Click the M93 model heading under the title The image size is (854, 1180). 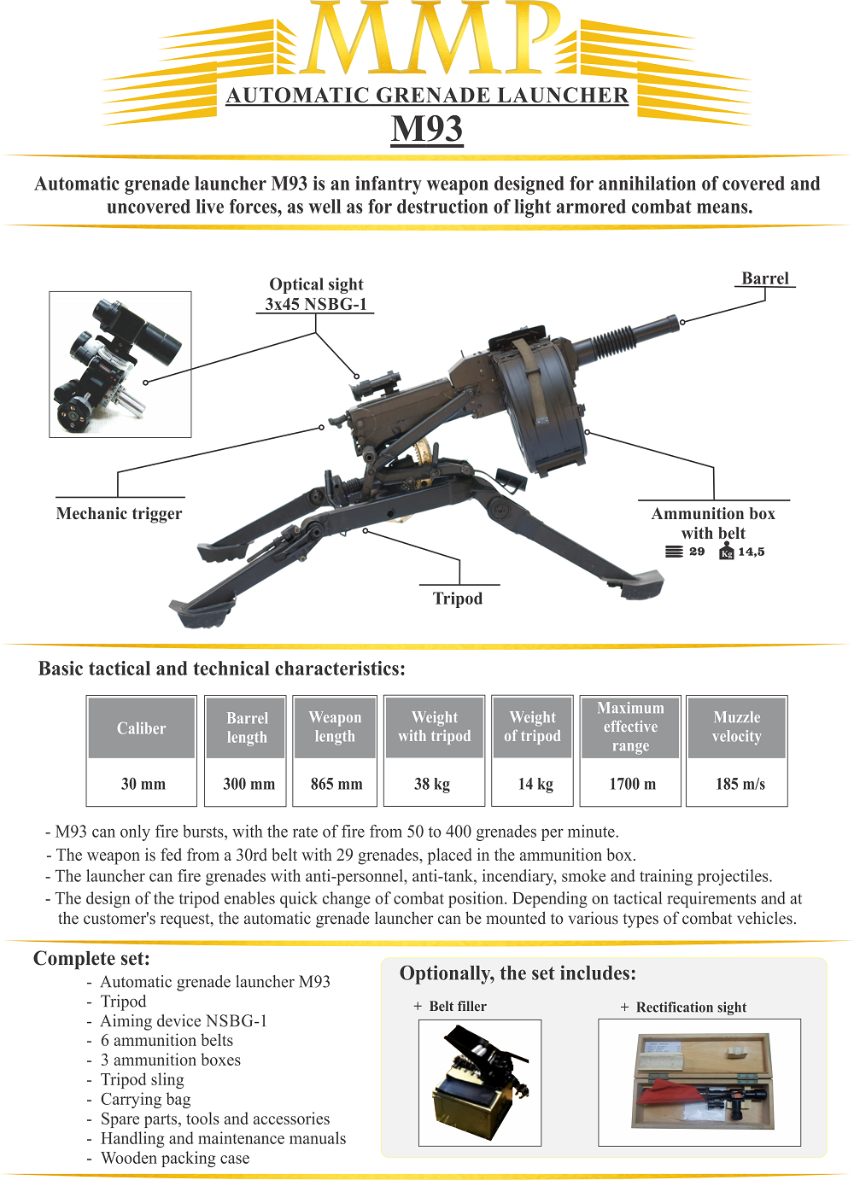(427, 129)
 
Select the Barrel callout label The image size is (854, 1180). (764, 278)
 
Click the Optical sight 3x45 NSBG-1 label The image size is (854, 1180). (316, 295)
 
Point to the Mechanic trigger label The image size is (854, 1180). (119, 513)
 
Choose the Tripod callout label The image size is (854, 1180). (458, 599)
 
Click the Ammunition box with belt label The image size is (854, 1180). (713, 523)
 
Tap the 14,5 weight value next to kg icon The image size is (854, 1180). (751, 552)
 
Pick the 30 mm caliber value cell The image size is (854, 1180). (143, 784)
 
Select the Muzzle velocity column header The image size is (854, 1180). (736, 727)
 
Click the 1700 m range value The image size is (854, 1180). (632, 784)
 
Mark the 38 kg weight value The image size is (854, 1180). (432, 784)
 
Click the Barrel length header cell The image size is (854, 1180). (247, 727)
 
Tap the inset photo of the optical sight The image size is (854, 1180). (120, 365)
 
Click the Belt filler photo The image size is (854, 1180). (480, 1083)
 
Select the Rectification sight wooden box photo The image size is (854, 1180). (699, 1082)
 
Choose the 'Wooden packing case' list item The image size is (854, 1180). (175, 1158)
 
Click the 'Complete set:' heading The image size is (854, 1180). (91, 958)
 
